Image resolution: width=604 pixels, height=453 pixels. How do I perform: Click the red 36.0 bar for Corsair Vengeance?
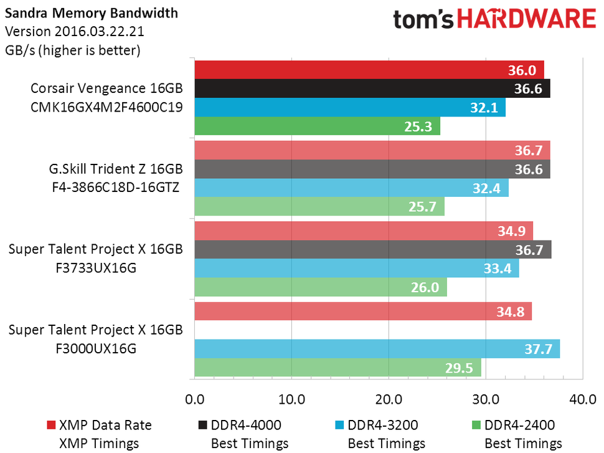369,70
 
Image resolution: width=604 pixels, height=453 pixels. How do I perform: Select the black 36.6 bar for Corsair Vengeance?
372,88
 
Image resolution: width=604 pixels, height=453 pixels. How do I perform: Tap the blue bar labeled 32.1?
350,107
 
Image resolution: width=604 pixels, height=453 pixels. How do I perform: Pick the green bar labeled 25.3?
317,126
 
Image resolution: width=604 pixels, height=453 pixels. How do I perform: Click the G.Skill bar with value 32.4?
351,188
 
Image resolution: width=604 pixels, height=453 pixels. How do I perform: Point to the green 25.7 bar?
319,206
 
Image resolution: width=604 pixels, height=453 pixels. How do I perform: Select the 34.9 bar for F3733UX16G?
364,231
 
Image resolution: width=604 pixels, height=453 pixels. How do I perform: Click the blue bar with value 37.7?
377,349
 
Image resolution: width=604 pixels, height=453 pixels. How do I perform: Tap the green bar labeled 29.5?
337,368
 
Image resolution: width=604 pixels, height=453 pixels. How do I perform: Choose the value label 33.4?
497,269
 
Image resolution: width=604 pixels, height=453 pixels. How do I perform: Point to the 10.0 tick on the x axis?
291,399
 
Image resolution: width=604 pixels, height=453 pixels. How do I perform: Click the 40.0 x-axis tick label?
582,399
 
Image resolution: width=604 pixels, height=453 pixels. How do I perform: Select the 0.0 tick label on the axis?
195,399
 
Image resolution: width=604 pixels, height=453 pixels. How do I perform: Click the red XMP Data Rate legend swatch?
52,426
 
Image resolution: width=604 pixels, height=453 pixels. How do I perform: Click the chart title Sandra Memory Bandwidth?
91,12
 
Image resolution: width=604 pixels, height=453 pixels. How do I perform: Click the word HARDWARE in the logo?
528,20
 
